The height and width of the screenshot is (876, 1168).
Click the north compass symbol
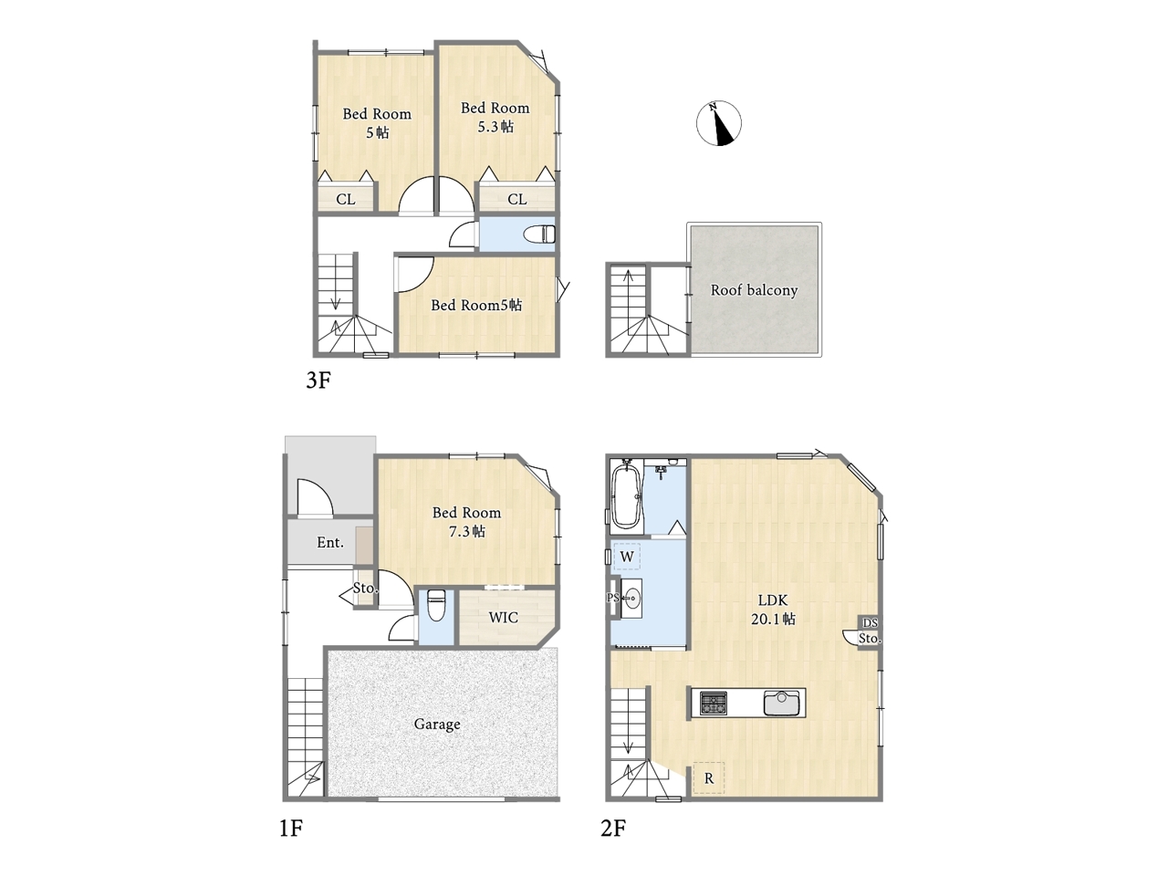tap(718, 123)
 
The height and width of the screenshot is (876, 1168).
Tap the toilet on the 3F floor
tap(539, 234)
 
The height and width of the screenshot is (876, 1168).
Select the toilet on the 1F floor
tap(436, 605)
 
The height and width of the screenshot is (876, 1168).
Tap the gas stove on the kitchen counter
tap(713, 703)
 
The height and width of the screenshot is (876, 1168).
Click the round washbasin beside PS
tap(631, 598)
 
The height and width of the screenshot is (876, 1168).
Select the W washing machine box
tap(627, 557)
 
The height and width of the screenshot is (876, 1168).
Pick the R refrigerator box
tap(708, 778)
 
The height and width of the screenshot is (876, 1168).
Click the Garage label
tap(437, 725)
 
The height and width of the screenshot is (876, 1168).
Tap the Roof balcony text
tap(754, 290)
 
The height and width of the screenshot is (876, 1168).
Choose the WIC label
tap(504, 618)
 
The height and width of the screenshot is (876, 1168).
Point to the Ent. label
tap(330, 543)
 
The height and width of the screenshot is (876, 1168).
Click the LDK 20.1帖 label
tap(773, 610)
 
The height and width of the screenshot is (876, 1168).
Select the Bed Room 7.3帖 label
tap(466, 522)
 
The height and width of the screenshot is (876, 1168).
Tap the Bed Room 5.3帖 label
tap(495, 117)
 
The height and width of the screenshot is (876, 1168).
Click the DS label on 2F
tap(870, 622)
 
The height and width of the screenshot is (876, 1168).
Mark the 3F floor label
tap(318, 381)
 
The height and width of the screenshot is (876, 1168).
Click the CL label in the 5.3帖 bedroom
tap(516, 200)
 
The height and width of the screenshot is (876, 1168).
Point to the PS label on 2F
tap(613, 598)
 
